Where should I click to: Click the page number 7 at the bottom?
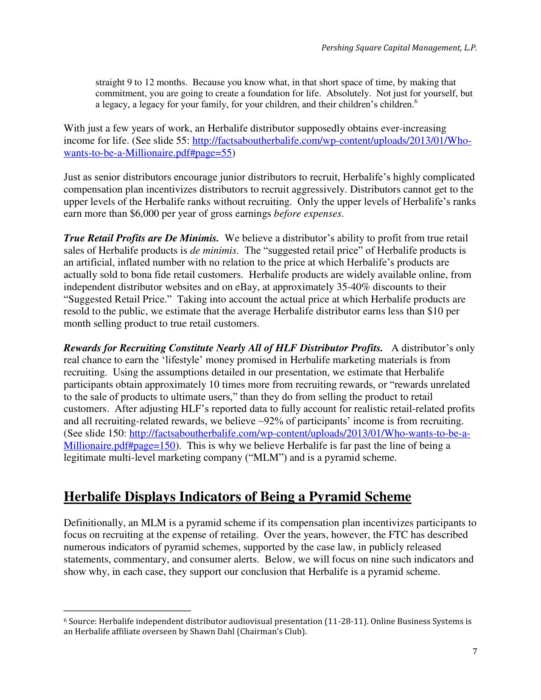click(x=474, y=652)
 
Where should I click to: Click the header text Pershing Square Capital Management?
click(x=398, y=48)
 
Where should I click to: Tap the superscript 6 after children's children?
click(x=416, y=102)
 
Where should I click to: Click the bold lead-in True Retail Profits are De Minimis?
click(x=141, y=238)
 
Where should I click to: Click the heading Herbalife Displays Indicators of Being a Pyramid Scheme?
click(x=237, y=497)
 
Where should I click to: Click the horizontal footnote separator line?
click(x=127, y=611)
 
